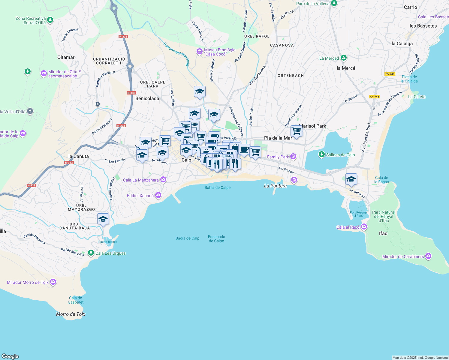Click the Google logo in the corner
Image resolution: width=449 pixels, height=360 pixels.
click(10, 356)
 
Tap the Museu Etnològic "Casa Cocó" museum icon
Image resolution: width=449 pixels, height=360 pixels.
click(199, 52)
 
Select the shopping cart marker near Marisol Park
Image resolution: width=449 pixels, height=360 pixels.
click(296, 131)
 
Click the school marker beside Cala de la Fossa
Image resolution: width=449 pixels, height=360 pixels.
click(351, 179)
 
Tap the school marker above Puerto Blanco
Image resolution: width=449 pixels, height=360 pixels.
click(103, 219)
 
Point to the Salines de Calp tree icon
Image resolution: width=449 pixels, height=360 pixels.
click(322, 154)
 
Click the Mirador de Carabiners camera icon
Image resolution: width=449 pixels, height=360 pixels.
click(428, 256)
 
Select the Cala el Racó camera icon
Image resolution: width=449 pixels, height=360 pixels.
click(364, 227)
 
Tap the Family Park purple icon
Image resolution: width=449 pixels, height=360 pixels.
click(293, 157)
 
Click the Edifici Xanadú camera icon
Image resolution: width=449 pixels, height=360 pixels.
click(158, 196)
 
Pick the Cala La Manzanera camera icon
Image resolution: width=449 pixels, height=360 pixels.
click(163, 180)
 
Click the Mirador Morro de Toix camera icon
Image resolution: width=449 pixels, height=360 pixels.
click(53, 282)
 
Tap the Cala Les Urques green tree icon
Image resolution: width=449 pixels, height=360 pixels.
click(91, 253)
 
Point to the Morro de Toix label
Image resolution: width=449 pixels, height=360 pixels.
click(71, 314)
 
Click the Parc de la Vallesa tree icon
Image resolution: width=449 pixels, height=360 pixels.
click(334, 4)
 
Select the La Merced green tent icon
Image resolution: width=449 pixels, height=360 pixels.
click(344, 58)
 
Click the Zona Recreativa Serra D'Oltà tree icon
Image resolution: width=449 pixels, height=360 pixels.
click(50, 20)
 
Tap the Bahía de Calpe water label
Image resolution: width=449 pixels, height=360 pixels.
click(218, 187)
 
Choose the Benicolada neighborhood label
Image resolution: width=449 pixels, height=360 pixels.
click(147, 98)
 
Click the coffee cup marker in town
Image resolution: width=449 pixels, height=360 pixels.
click(244, 149)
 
